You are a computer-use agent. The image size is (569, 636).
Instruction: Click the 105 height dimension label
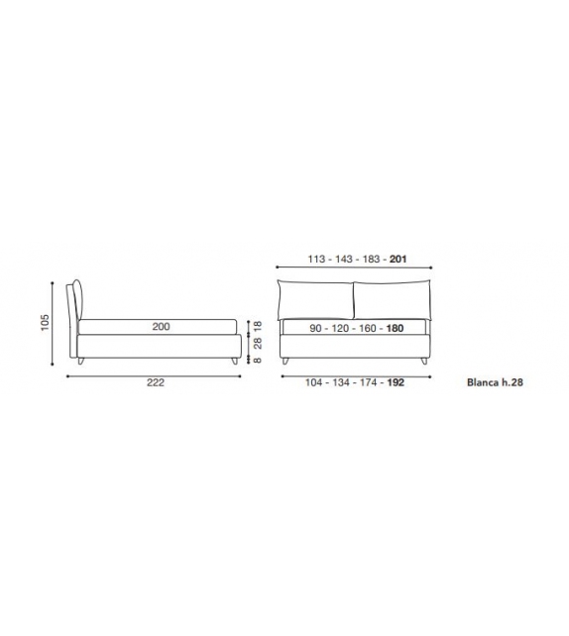click(45, 323)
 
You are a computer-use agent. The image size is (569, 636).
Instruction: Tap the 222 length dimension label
click(156, 382)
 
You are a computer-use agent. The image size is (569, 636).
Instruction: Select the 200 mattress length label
click(162, 327)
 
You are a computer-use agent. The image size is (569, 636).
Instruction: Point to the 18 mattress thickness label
click(258, 326)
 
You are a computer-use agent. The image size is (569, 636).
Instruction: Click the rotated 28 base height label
click(258, 343)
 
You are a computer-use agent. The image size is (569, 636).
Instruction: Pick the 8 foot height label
click(258, 360)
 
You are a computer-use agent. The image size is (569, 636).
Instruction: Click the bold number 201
click(398, 259)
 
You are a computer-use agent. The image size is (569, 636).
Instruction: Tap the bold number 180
click(395, 328)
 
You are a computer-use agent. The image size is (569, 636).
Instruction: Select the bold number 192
click(396, 382)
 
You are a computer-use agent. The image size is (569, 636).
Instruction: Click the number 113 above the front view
click(316, 259)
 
